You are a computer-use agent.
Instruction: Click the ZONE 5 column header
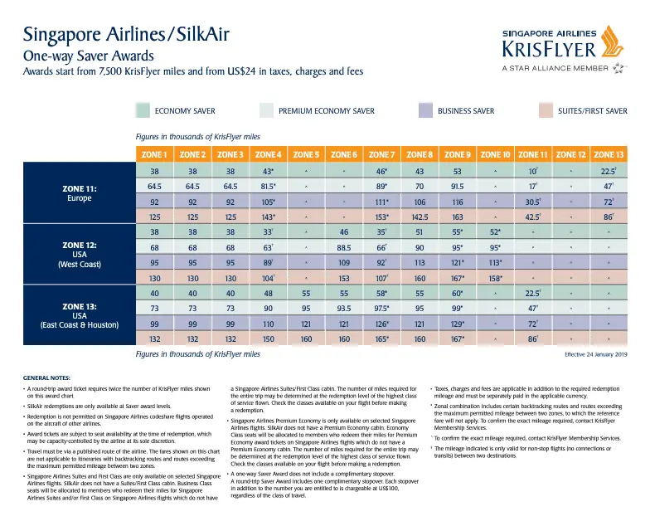[306, 154]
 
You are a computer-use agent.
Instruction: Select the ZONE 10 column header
[496, 154]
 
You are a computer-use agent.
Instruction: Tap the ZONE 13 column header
[609, 154]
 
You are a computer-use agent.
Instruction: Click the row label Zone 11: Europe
[80, 194]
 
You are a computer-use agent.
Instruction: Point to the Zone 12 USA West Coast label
[80, 255]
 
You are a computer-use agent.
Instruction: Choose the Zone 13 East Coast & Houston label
[80, 315]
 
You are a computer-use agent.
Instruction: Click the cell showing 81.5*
[268, 187]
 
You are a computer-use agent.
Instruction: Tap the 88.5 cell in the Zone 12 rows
[344, 247]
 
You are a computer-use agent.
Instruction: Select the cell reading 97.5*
[382, 308]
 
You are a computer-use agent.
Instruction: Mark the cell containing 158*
[496, 277]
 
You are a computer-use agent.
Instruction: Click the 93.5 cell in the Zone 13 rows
[344, 308]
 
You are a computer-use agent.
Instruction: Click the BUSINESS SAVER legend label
[466, 111]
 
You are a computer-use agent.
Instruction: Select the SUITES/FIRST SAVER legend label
[593, 111]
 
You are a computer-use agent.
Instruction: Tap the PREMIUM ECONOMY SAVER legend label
[327, 111]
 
